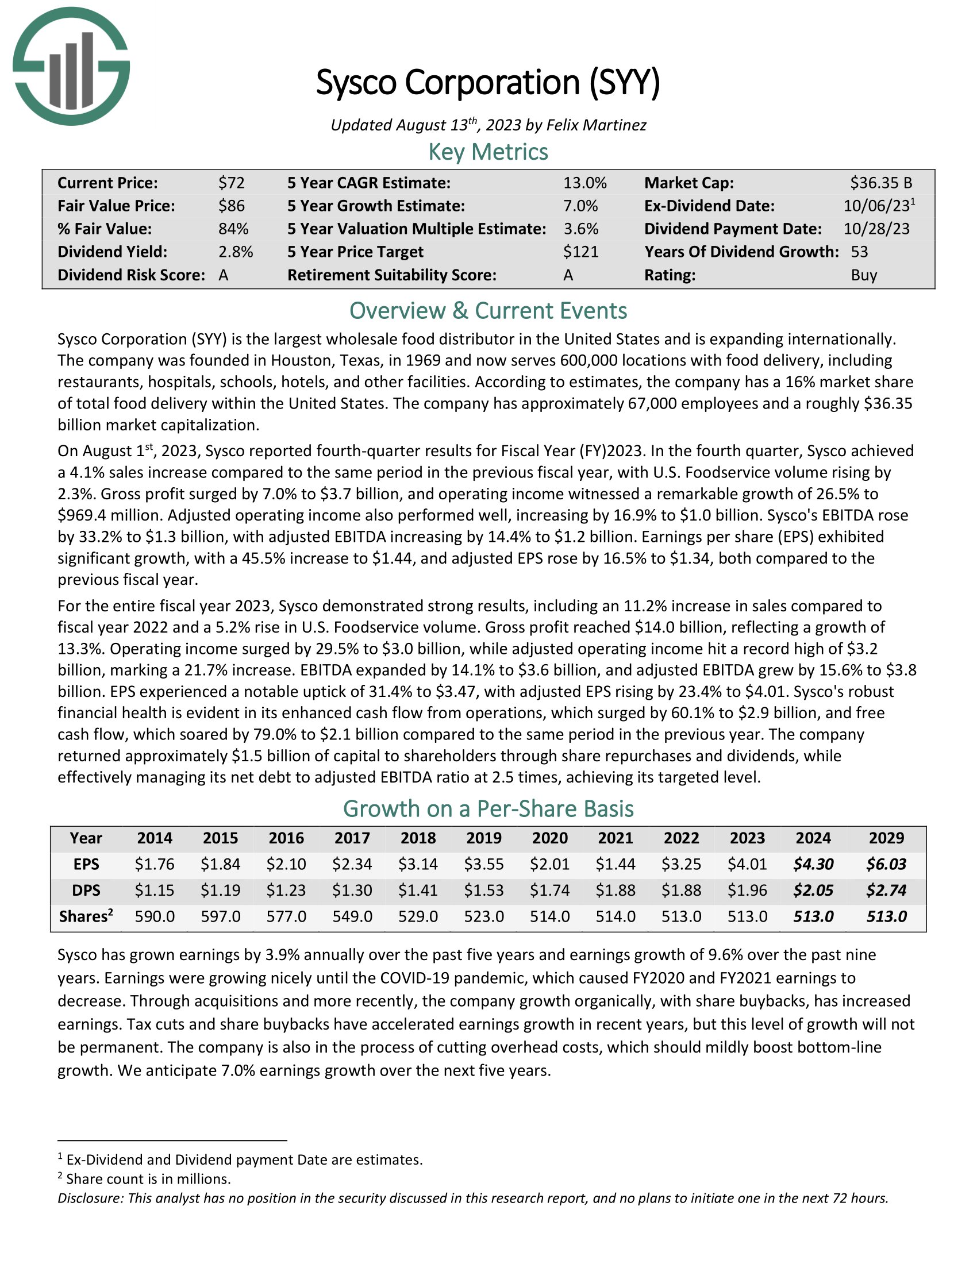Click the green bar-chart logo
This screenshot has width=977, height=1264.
point(71,67)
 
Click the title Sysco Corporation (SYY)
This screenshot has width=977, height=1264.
point(488,82)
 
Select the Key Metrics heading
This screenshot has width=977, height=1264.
point(488,152)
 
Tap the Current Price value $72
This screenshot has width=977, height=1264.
point(232,183)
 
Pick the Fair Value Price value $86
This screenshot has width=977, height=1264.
point(232,206)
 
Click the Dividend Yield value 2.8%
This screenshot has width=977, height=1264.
point(236,252)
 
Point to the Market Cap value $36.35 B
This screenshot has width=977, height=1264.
point(881,183)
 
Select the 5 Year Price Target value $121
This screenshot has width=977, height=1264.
point(580,252)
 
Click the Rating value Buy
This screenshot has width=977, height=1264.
point(864,275)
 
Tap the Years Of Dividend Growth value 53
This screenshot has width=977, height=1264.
point(860,252)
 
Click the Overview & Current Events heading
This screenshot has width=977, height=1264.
point(488,311)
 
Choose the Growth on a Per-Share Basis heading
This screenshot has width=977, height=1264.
point(488,808)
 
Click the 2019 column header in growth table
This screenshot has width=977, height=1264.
point(484,838)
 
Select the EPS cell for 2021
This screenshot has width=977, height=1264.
point(616,864)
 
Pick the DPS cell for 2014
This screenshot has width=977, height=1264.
point(155,890)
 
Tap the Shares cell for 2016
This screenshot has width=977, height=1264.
point(287,916)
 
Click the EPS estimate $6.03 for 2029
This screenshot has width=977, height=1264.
point(886,864)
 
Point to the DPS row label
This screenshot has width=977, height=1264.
point(86,890)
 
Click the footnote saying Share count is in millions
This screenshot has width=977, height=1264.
point(148,1179)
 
